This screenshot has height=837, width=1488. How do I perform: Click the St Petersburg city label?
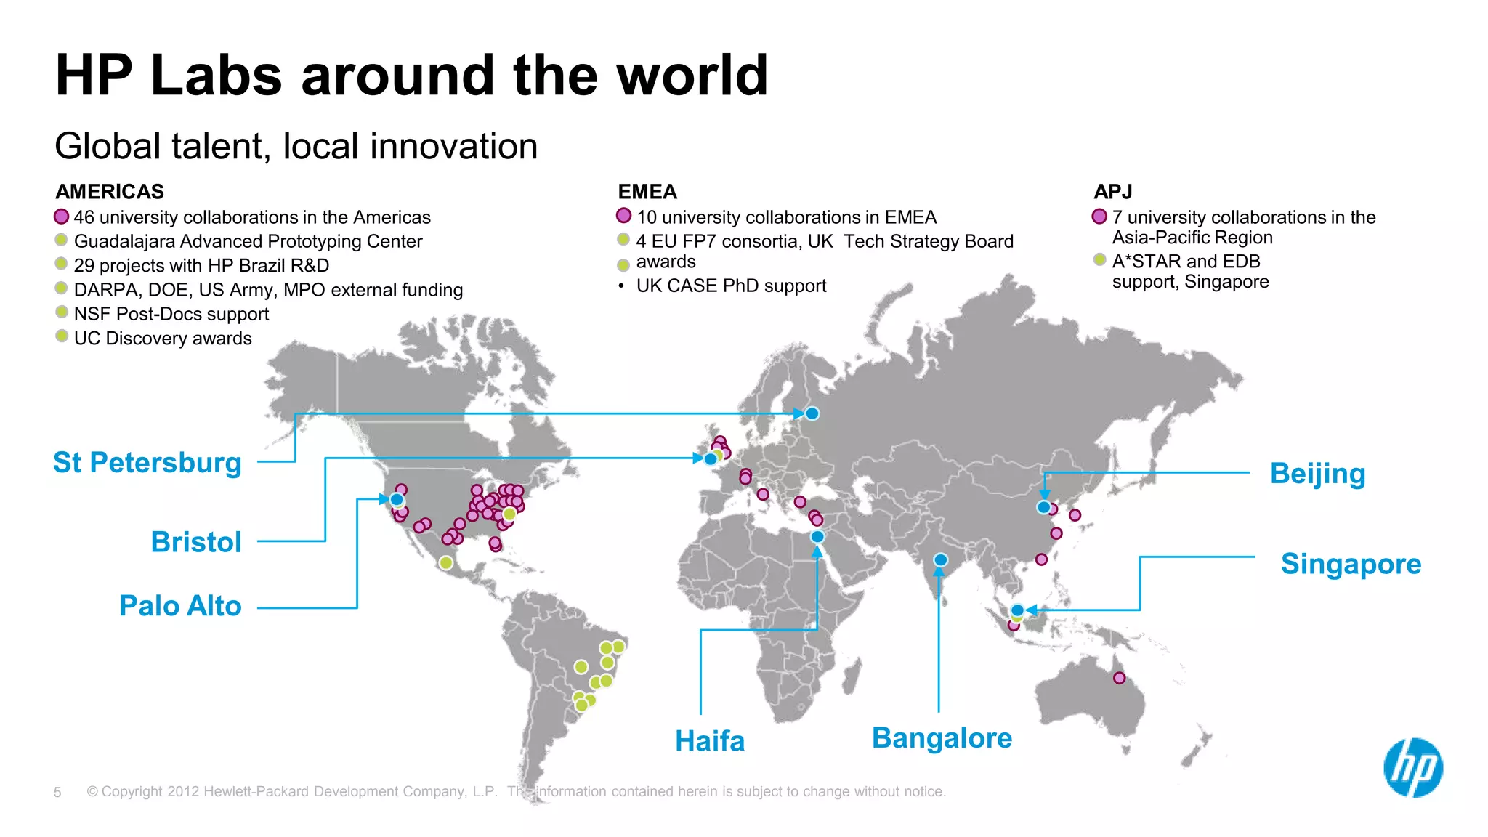tap(147, 463)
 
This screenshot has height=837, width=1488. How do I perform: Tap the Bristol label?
tap(196, 542)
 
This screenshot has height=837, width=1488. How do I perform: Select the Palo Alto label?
tap(180, 606)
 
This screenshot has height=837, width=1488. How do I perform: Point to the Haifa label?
tap(710, 741)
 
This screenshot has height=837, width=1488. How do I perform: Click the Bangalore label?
tap(942, 738)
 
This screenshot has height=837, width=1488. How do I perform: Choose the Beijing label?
tap(1317, 474)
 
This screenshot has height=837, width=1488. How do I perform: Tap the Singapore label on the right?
tap(1351, 564)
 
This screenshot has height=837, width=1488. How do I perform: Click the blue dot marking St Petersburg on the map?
tap(812, 413)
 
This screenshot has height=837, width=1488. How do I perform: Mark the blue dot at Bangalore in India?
tap(941, 560)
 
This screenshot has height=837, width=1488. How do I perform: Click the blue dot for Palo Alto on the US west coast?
tap(397, 500)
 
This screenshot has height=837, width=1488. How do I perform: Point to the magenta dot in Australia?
tap(1119, 678)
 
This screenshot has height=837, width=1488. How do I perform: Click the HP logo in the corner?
tap(1413, 768)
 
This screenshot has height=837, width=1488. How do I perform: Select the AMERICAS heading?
tap(110, 192)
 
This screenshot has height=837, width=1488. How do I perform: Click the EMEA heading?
tap(647, 192)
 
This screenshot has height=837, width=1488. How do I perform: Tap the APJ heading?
tap(1113, 192)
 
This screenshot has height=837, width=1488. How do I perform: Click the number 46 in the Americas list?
tap(84, 217)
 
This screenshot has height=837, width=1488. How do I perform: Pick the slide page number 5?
tap(57, 792)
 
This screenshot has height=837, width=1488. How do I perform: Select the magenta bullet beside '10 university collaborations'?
tap(623, 216)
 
